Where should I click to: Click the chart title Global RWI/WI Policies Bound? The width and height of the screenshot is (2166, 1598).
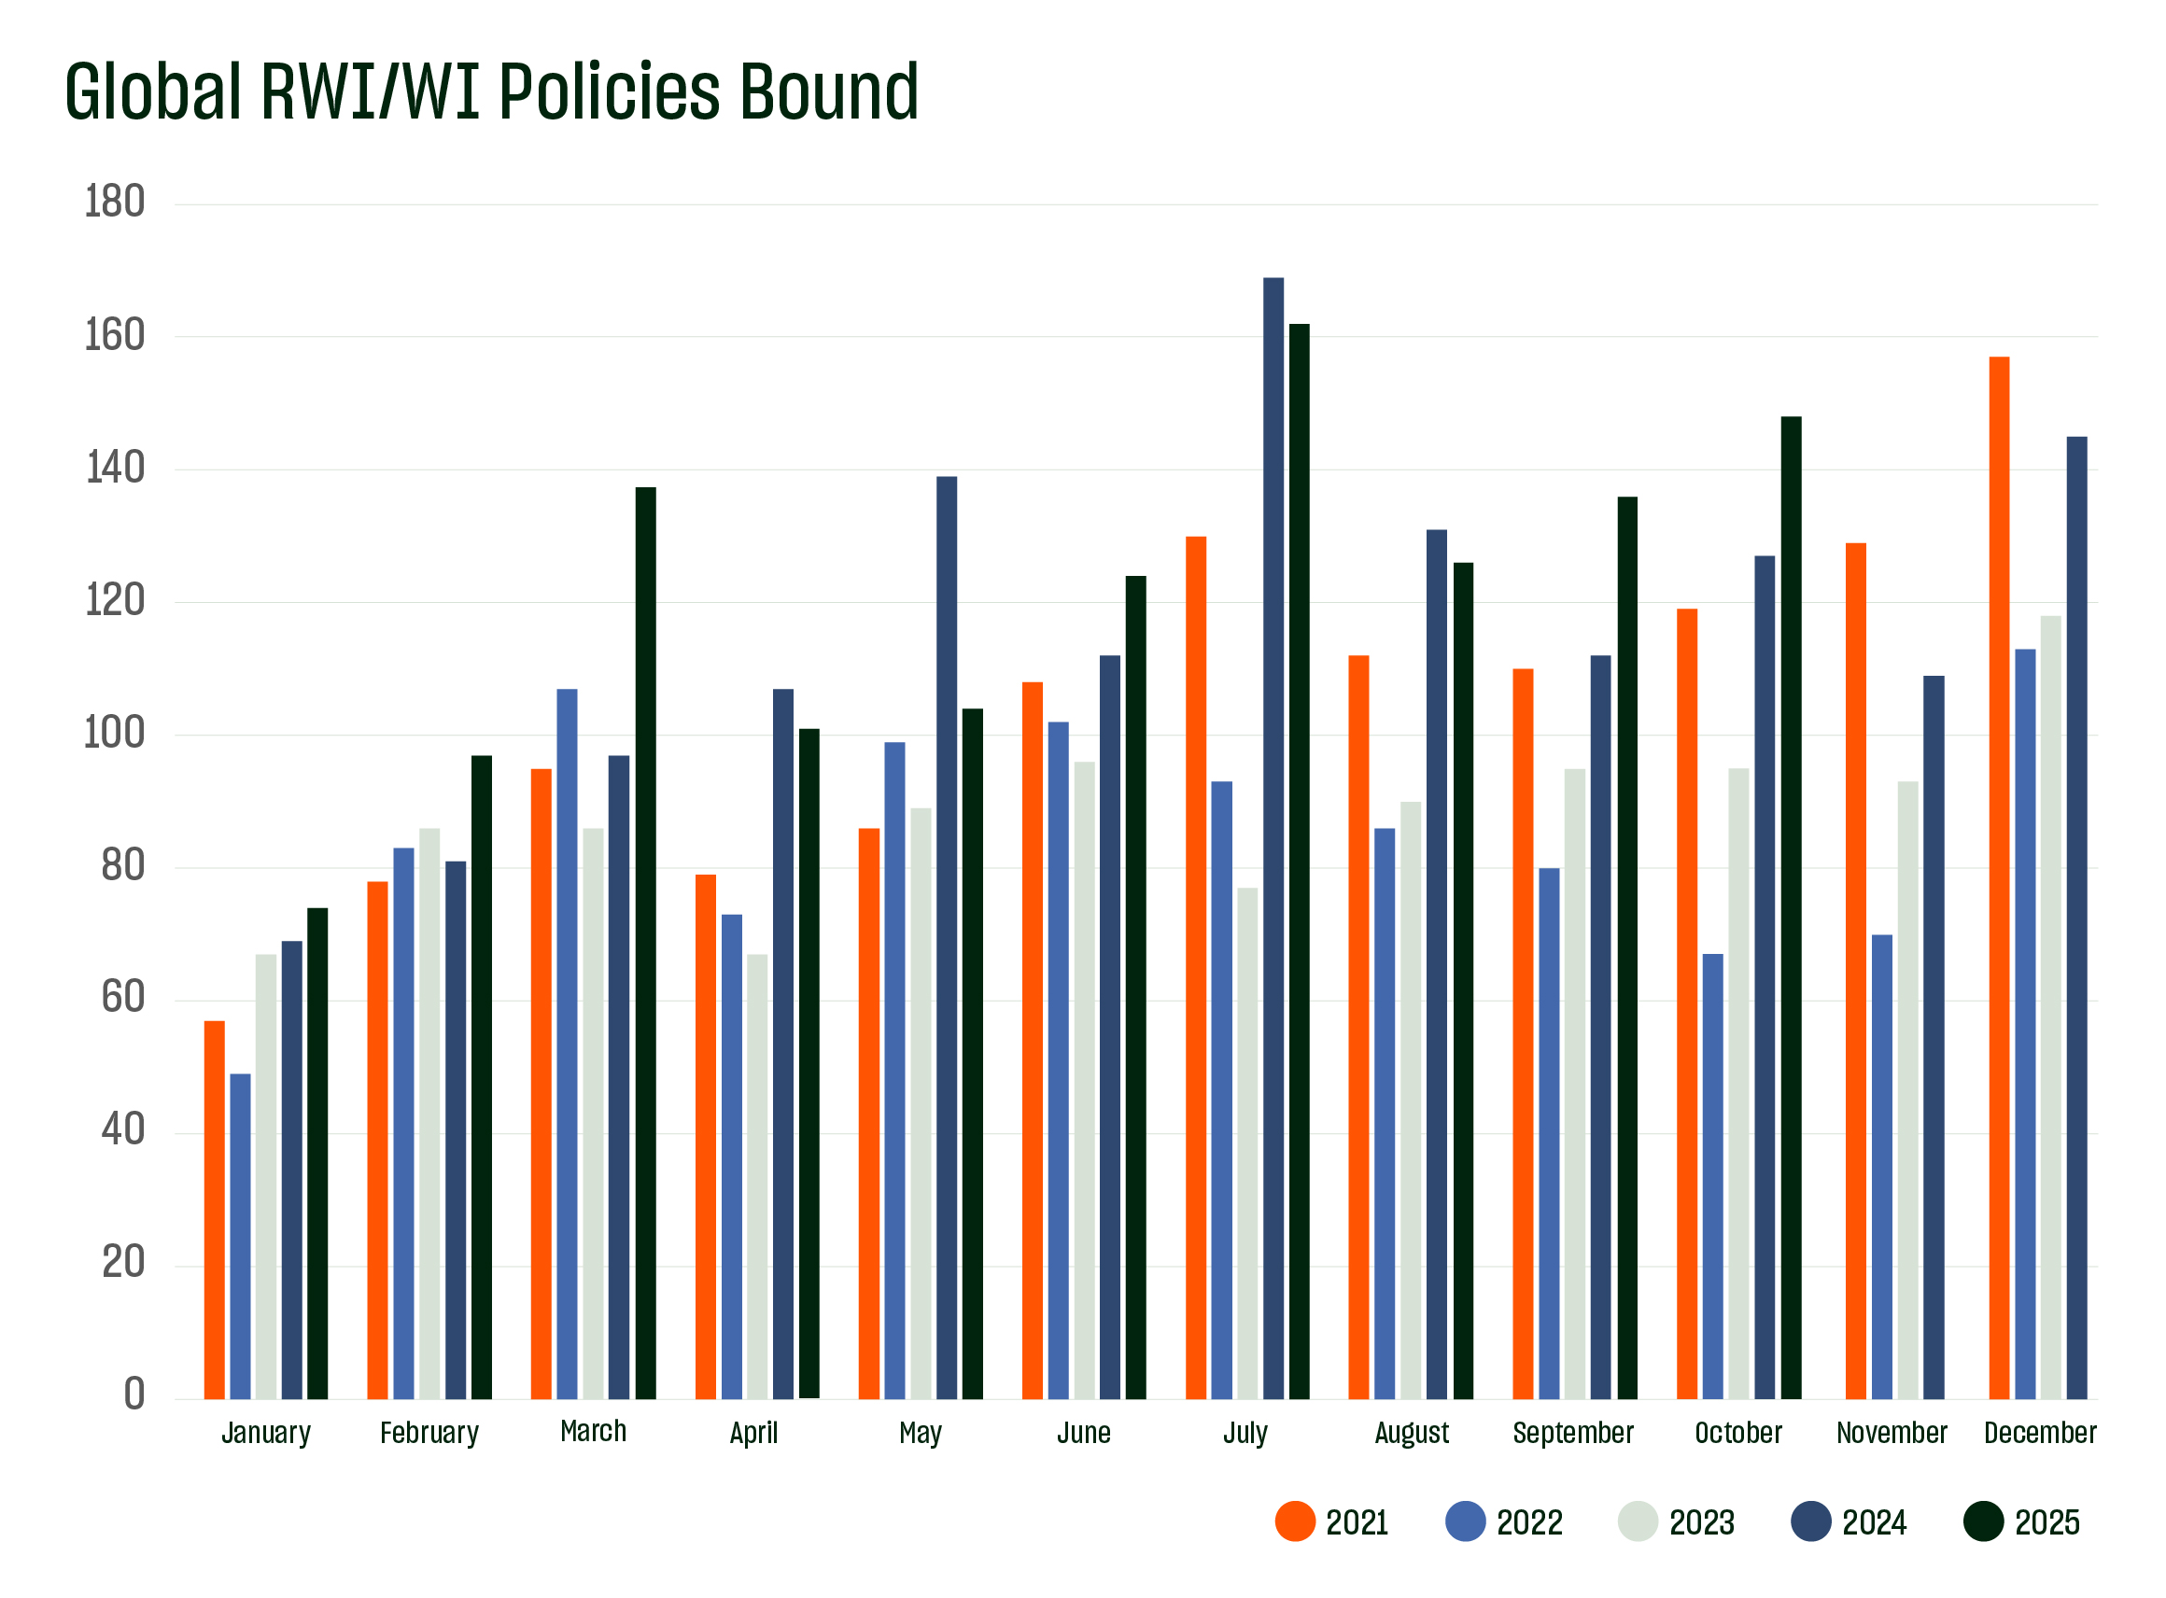coord(491,91)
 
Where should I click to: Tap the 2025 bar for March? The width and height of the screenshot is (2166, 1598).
coord(645,943)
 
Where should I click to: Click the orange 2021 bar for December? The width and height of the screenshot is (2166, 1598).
coord(1999,877)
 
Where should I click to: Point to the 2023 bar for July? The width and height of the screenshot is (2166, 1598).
coord(1248,1143)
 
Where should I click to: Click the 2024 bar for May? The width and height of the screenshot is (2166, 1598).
coord(947,937)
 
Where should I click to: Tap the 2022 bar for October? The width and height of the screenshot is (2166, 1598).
coord(1713,1176)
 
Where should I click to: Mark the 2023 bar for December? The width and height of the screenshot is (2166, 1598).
coord(2051,1007)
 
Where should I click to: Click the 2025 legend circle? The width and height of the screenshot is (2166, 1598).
coord(1984,1521)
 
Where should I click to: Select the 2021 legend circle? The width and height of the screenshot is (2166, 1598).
coord(1295,1521)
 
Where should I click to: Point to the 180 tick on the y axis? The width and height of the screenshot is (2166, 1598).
coord(114,203)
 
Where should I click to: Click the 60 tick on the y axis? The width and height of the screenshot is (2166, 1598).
coord(123,997)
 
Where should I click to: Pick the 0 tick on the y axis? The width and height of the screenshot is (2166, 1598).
coord(134,1394)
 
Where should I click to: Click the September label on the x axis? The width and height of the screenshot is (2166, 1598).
coord(1573,1433)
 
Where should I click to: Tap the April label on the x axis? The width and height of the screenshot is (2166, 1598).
coord(753,1433)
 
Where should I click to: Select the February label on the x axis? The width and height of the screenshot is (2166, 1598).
coord(429,1433)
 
